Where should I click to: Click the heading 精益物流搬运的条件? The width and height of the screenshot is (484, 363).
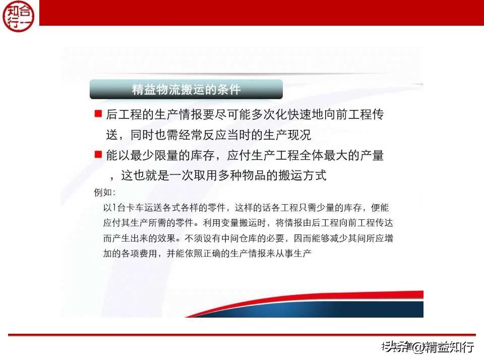(x=186, y=90)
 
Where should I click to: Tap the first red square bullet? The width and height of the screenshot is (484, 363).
(x=98, y=114)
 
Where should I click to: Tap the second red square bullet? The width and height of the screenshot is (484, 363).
(x=98, y=154)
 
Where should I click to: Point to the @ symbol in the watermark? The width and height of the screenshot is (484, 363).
(x=418, y=347)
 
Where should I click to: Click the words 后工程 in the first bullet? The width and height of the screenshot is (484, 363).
(x=124, y=115)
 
